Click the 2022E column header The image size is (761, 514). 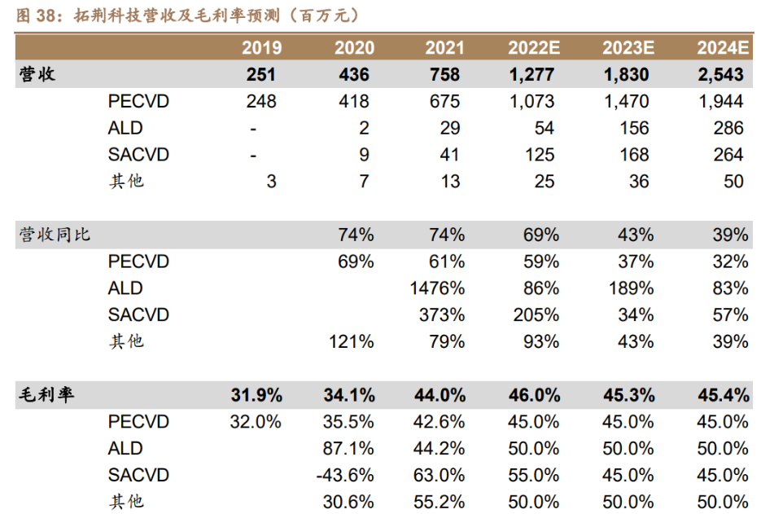click(534, 47)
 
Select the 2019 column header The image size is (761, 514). click(262, 47)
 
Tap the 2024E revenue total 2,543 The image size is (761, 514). click(720, 74)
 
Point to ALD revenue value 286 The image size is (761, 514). click(728, 128)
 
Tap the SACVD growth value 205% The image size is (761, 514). click(536, 314)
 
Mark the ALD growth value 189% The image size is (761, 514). click(630, 288)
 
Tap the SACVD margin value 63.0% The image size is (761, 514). click(440, 475)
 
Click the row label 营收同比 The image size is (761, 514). click(55, 235)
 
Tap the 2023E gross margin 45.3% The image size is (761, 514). click(629, 395)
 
